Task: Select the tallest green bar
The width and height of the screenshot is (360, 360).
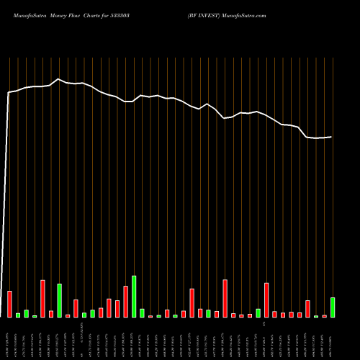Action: [x=134, y=297]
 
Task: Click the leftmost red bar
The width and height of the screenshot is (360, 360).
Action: [x=9, y=304]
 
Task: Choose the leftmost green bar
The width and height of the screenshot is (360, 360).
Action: [x=18, y=315]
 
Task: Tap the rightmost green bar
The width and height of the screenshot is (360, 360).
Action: [x=333, y=307]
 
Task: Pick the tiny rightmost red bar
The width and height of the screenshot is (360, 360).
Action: [x=324, y=316]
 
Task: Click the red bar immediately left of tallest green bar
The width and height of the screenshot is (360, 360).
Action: [x=125, y=302]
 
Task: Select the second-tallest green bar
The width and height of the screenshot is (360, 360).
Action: [x=59, y=300]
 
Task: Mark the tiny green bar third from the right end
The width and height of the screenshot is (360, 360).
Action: [x=316, y=316]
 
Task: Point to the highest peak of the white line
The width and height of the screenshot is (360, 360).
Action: [x=58, y=79]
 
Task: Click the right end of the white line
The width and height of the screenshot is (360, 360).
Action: [x=332, y=137]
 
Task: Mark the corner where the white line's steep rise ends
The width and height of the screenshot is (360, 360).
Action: [x=9, y=93]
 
